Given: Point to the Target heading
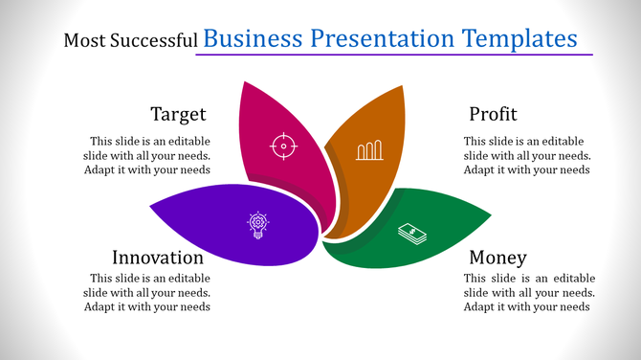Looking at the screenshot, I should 178,114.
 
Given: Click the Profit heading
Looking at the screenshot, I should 493,114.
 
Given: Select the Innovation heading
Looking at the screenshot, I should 158,258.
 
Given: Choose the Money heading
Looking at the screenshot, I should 497,258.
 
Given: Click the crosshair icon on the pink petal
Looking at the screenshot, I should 282,146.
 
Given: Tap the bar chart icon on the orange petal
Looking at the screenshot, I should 369,149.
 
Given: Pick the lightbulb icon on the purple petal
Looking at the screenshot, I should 257,225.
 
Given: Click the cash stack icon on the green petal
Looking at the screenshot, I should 412,234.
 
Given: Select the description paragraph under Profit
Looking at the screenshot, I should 527,155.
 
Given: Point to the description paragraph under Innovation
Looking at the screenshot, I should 147,293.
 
